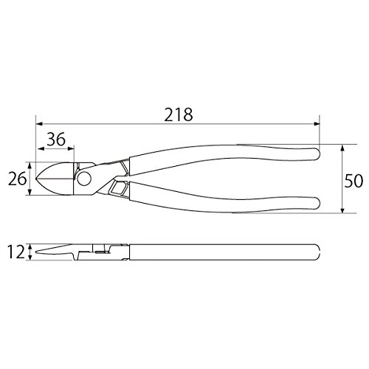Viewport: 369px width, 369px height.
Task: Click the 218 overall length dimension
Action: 179,114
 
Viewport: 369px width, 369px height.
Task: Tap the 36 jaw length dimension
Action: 56,139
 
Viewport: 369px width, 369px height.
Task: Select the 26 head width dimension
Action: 17,179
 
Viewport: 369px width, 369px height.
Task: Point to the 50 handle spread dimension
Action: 354,181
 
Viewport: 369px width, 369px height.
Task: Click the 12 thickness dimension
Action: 16,252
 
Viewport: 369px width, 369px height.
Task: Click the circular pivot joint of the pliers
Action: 84,179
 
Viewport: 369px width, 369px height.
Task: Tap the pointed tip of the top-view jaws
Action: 36,178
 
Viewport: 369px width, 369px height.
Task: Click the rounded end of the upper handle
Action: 317,154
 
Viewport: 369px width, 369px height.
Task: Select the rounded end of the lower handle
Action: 317,203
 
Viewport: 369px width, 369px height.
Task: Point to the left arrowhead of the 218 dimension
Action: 39,124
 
